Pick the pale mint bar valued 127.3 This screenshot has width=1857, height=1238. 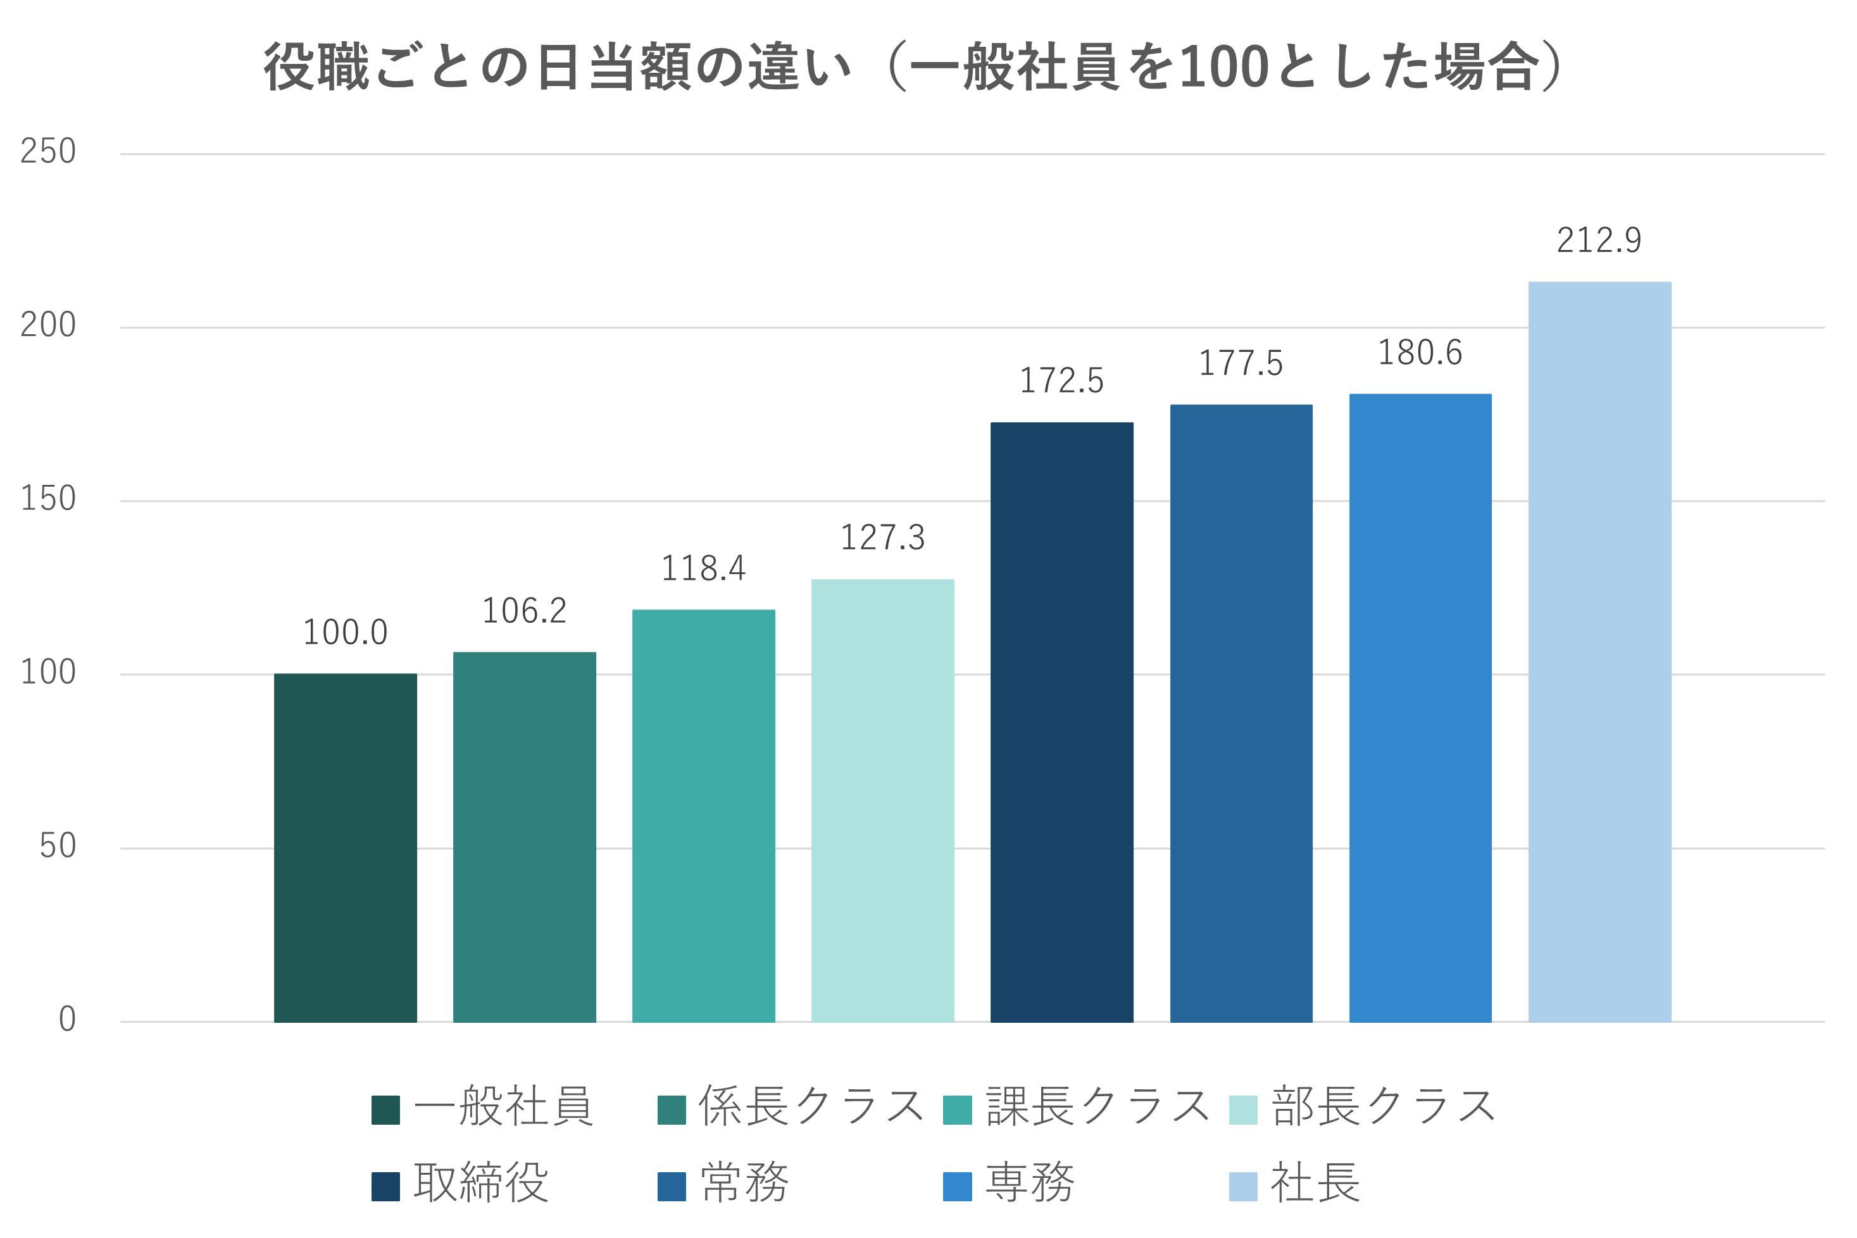click(x=883, y=801)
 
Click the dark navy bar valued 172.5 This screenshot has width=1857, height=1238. click(x=1062, y=722)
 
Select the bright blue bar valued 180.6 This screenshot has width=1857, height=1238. click(x=1420, y=708)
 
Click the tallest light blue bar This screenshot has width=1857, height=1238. click(x=1599, y=651)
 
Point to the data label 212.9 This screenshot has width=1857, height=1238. click(x=1599, y=241)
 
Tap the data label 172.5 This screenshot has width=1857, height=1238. click(x=1061, y=380)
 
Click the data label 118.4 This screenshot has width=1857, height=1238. click(x=703, y=568)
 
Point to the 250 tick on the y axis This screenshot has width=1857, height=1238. click(x=47, y=152)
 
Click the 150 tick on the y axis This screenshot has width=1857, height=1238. click(x=47, y=499)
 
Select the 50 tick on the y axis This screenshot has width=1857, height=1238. click(x=57, y=846)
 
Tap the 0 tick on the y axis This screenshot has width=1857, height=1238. click(x=67, y=1019)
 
